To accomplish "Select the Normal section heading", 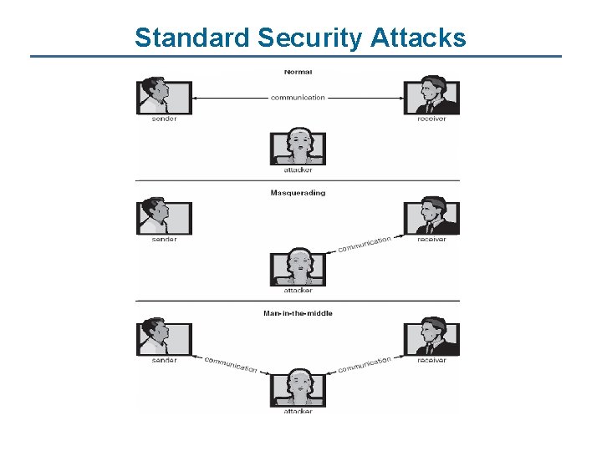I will [298, 72].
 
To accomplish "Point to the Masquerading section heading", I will [298, 193].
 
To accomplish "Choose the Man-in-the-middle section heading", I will [298, 313].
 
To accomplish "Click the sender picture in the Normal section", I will [164, 95].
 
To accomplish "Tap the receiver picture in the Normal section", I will [431, 95].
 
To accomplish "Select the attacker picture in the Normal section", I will [298, 147].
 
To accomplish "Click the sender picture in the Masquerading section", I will [164, 216].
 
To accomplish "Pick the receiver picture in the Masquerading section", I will [431, 216].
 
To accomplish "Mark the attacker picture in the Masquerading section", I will [298, 267].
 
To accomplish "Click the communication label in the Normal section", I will [298, 98].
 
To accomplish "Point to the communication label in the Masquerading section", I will [365, 244].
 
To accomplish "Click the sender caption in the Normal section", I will [164, 119].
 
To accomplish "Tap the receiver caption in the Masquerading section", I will [431, 240].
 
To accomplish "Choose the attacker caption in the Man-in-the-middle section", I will [298, 411].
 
